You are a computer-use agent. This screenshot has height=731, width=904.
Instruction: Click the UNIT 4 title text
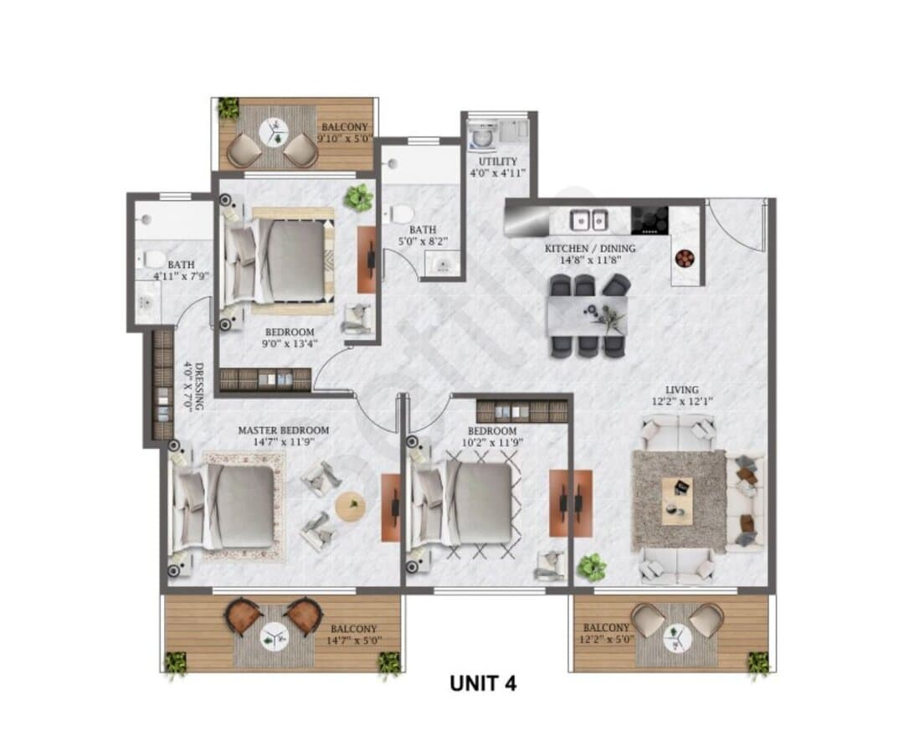(x=483, y=683)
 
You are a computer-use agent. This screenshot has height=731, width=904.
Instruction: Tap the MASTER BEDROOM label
(x=284, y=430)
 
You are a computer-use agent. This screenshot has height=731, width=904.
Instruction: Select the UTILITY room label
(x=497, y=162)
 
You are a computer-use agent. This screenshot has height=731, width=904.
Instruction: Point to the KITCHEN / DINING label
(x=590, y=249)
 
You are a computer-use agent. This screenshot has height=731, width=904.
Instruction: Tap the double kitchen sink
(x=588, y=219)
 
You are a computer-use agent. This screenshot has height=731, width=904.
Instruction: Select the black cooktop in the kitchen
(x=650, y=220)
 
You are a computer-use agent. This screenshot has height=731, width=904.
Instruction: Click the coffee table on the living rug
(x=677, y=501)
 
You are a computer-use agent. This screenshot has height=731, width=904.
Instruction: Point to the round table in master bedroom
(x=350, y=507)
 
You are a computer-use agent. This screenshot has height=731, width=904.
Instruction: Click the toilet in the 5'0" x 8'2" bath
(x=399, y=214)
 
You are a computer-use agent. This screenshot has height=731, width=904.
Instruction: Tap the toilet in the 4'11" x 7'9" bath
(x=152, y=259)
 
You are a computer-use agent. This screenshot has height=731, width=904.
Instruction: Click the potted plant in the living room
(x=592, y=567)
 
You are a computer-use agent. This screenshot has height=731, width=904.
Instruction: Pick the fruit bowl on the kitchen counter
(x=685, y=258)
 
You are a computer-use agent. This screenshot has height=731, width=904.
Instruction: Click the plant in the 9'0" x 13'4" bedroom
(x=358, y=198)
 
